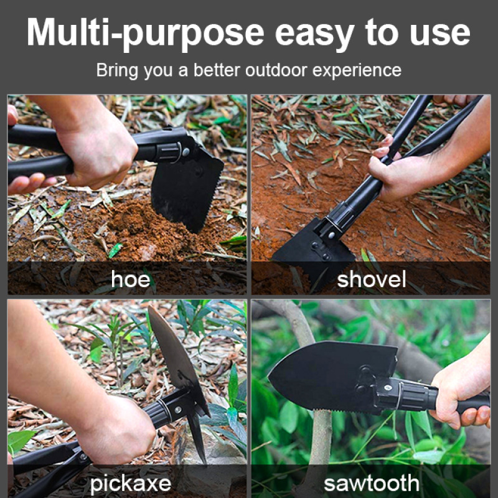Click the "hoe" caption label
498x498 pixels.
(x=131, y=280)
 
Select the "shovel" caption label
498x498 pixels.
(x=372, y=280)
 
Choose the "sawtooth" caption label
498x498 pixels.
(x=372, y=482)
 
